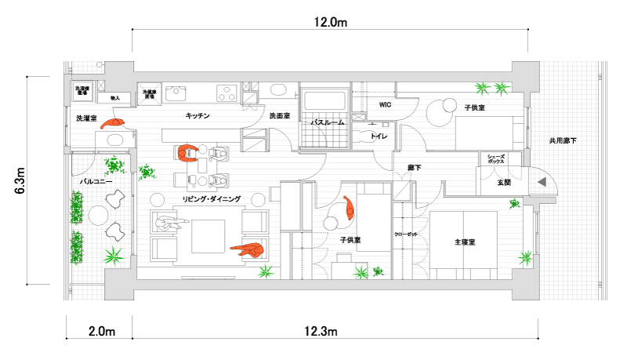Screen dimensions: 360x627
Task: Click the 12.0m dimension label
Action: pos(330,22)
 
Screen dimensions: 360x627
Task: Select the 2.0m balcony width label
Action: pos(99,332)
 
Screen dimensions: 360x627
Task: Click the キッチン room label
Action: pos(197,116)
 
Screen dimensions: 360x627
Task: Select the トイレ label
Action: pos(379,136)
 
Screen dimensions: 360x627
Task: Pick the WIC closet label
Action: pos(384,104)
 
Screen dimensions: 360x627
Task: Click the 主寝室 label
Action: pos(466,242)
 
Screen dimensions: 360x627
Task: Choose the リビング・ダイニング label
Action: pos(212,199)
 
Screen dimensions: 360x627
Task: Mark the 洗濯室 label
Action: pos(85,118)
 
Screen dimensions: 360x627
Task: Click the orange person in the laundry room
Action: pos(116,122)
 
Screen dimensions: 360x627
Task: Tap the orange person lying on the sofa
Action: pos(248,250)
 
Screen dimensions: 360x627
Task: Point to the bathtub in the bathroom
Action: pos(324,101)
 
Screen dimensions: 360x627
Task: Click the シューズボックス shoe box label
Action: pos(495,159)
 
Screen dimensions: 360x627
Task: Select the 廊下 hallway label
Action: pos(415,168)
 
